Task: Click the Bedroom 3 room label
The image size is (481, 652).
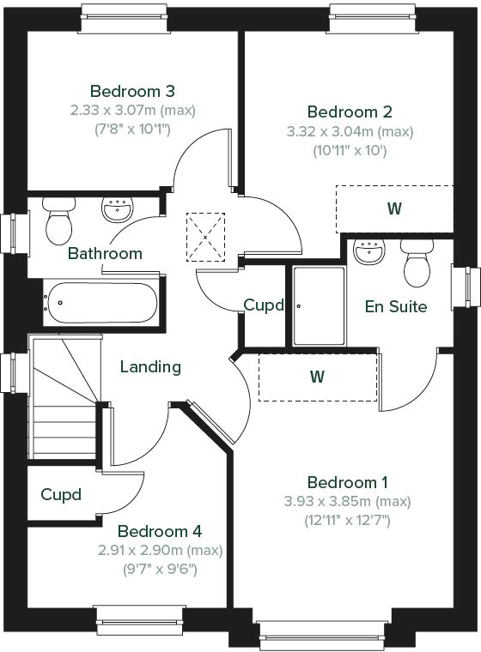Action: (133, 91)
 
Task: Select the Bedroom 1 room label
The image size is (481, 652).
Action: (347, 482)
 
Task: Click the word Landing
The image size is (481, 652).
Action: (150, 367)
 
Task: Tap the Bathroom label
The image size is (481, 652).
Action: (105, 254)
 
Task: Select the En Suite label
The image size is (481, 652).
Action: (396, 306)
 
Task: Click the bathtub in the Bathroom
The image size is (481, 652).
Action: (101, 303)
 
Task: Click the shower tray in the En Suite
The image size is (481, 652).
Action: (319, 305)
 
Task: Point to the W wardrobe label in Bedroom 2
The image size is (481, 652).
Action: (394, 208)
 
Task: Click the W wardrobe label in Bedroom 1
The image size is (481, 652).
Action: (317, 376)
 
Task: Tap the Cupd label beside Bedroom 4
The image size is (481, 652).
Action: (61, 495)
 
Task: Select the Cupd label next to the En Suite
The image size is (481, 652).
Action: (263, 305)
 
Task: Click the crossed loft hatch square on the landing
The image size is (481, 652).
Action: (205, 237)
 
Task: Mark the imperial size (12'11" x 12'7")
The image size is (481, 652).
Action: (347, 519)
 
